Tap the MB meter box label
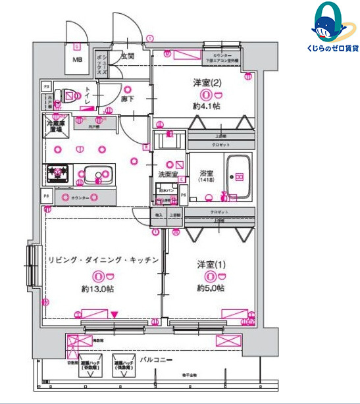click(x=78, y=61)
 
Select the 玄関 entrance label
click(x=126, y=57)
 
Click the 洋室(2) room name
click(x=207, y=83)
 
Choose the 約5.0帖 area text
click(x=210, y=288)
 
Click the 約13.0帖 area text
click(x=98, y=289)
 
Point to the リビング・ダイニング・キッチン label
click(x=103, y=261)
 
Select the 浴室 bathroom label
click(x=205, y=174)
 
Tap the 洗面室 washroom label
click(x=168, y=174)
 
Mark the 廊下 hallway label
click(x=128, y=99)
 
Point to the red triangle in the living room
click(x=115, y=315)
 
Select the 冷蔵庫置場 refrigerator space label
click(x=54, y=126)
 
